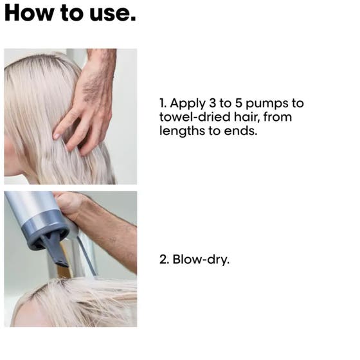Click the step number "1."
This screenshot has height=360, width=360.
[163, 104]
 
